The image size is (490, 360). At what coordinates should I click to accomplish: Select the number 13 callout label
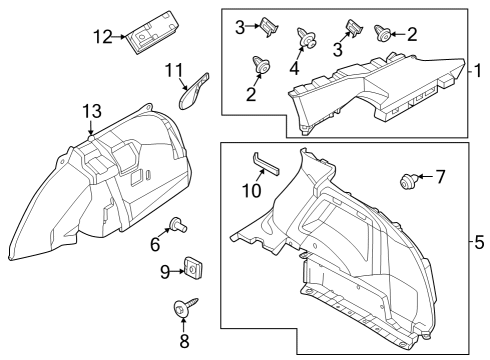pos(91,109)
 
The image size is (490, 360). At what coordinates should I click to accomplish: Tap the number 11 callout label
pos(175,70)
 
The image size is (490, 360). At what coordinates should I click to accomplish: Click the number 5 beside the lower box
pos(479,242)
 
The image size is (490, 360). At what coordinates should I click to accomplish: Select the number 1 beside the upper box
pos(479,72)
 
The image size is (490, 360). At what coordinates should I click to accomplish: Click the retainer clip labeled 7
pos(408,181)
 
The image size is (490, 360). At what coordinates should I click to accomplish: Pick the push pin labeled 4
pos(307,40)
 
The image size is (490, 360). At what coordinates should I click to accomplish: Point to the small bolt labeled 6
pos(176,225)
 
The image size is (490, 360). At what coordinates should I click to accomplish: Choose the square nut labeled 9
pos(192,269)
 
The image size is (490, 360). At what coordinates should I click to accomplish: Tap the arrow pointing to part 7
pos(425,177)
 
